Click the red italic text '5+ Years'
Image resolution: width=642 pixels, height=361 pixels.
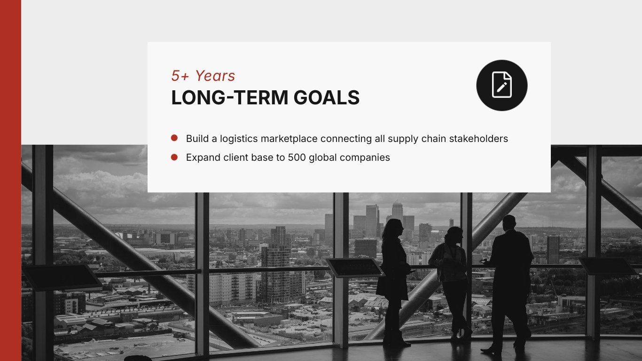tap(203, 76)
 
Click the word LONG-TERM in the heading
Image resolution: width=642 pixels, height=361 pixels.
tap(229, 97)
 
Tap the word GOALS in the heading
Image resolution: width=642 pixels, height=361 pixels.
tap(327, 97)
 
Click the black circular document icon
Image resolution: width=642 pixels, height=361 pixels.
tap(501, 85)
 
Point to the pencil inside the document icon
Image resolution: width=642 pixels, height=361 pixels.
tap(502, 87)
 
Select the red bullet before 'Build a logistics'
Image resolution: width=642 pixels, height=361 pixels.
tap(174, 138)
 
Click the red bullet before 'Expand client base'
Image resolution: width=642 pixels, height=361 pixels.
tap(174, 157)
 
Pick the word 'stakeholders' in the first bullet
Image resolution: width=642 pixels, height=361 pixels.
tap(478, 139)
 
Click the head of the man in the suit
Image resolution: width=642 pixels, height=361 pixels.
tap(509, 222)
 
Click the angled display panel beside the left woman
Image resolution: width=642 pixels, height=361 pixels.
tap(355, 267)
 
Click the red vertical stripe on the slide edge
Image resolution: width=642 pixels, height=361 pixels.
tap(11, 180)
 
